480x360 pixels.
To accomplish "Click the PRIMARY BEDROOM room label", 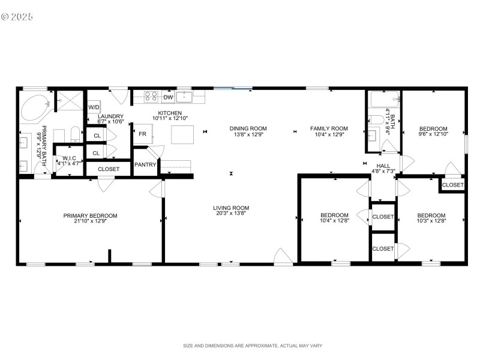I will tap(91, 215).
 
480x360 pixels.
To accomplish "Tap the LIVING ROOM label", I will tap(231, 208).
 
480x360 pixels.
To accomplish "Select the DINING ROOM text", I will tap(248, 128).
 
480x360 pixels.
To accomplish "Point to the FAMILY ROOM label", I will tap(329, 128).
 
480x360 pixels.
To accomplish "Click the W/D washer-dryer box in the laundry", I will tap(94, 107).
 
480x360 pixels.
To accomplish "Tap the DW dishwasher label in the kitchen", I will tap(168, 97).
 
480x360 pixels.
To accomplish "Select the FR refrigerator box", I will tap(142, 134).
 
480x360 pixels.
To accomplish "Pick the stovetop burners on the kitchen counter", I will tap(151, 97).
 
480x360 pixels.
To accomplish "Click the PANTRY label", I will tap(145, 164).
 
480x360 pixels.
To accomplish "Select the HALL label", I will tap(383, 166).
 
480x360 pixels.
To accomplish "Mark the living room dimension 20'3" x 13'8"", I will tap(231, 214).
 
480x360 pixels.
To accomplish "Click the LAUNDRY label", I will tap(110, 116).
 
